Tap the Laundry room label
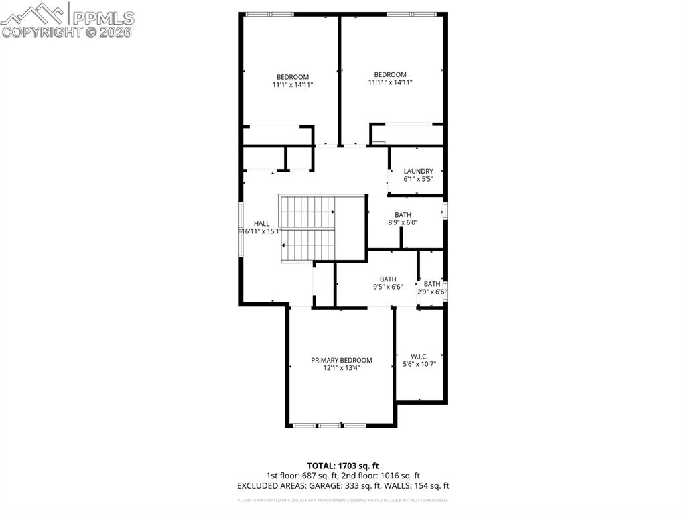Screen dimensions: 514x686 click(x=418, y=171)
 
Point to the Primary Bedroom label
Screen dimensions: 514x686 click(x=341, y=360)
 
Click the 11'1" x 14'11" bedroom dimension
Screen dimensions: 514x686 click(x=293, y=85)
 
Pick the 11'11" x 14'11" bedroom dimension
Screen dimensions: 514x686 click(x=390, y=82)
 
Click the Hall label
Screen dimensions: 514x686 click(x=261, y=223)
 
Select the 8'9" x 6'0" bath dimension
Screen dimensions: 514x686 click(x=403, y=223)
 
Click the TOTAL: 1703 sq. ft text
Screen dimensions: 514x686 click(x=343, y=466)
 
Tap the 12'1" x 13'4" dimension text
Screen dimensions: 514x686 click(x=341, y=368)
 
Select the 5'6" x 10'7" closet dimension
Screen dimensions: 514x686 click(x=419, y=364)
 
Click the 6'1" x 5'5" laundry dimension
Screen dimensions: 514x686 click(x=418, y=179)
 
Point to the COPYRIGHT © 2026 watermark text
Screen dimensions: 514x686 click(x=67, y=31)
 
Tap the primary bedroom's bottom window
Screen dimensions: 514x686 click(x=329, y=425)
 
